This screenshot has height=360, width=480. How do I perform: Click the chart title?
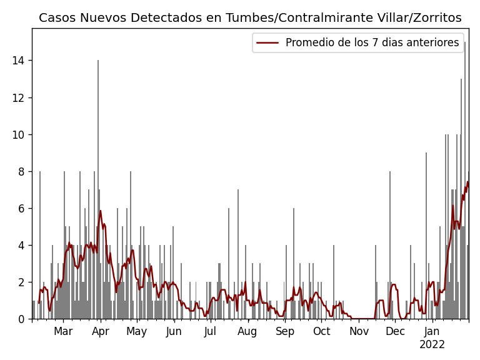[250, 17]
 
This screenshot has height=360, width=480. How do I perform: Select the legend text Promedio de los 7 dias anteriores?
[372, 42]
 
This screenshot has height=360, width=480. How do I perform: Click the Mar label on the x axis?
[63, 331]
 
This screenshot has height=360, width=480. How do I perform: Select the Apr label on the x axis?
[101, 331]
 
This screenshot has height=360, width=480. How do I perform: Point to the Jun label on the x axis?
[174, 331]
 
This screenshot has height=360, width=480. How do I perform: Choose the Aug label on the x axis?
[247, 331]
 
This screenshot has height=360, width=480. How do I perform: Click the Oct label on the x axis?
[321, 331]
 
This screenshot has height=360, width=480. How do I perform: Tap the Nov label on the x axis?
[359, 331]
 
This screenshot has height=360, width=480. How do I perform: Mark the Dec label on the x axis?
[395, 331]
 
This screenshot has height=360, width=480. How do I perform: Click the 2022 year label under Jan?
[432, 344]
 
